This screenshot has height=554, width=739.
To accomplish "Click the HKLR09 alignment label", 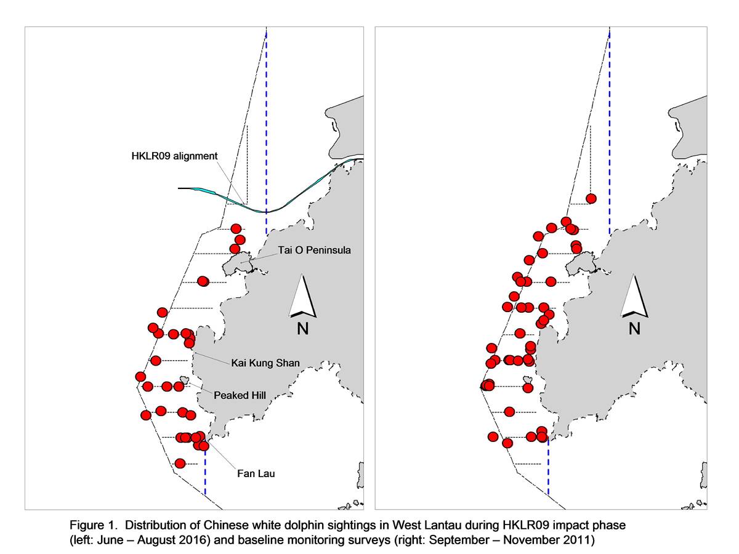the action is [x=174, y=156].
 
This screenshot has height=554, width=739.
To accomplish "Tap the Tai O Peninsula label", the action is [x=314, y=251].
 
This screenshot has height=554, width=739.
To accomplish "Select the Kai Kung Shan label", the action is [x=265, y=363].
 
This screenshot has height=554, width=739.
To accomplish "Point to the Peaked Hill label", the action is [x=240, y=395].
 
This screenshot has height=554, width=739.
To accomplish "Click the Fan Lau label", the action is [x=256, y=473].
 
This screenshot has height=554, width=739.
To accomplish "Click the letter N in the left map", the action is [x=302, y=328].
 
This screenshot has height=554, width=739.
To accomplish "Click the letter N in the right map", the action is [x=634, y=328].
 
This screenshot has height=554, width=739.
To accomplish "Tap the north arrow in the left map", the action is [x=302, y=297].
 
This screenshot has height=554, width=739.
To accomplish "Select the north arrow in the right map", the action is [x=634, y=297].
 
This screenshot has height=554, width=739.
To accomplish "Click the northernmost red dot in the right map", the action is [x=591, y=199].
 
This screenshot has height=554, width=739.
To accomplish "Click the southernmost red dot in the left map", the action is [x=180, y=464].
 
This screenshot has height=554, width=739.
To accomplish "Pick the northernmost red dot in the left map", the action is [x=236, y=229].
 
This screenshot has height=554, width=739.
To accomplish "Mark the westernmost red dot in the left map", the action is [x=140, y=376].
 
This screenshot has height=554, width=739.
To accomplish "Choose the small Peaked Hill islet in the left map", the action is [x=184, y=380].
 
